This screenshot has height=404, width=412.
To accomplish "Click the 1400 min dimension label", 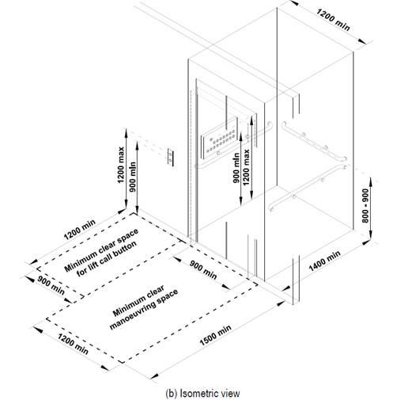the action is point(324,261).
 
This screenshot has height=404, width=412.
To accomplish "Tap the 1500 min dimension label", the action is point(215,335).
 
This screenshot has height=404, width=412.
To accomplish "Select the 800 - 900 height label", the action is point(365,206).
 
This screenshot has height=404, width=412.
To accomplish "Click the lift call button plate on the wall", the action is point(171,157).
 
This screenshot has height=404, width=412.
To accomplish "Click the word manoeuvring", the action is point(144,310).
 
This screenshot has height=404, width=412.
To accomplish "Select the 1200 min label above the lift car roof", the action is point(333,20).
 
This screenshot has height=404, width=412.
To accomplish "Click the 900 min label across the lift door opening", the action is point(203,270).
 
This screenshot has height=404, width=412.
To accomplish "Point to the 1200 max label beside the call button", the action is point(121,165).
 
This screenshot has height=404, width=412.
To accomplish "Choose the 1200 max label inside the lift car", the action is point(246,167).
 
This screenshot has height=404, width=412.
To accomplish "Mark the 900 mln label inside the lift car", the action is point(236,168).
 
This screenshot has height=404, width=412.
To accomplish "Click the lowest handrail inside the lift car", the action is point(308,188).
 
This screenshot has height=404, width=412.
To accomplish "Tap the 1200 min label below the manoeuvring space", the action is point(73,344).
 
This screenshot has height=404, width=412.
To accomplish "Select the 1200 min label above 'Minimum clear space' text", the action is point(79,230).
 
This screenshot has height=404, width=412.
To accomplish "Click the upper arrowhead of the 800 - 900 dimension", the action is point(371,181).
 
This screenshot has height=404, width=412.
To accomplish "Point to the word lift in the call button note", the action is point(93,265).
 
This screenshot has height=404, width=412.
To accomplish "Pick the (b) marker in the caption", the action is point(172,394).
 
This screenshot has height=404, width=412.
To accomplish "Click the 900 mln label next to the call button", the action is point(133,177).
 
